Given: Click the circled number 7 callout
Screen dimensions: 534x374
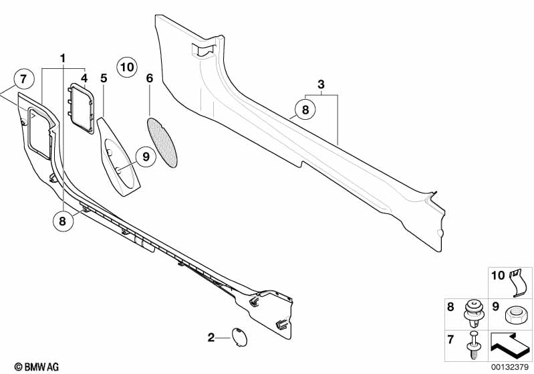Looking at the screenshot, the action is pyautogui.click(x=24, y=80).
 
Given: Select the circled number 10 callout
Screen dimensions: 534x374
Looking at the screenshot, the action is pyautogui.click(x=127, y=67).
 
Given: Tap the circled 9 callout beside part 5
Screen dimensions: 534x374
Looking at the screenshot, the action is pyautogui.click(x=146, y=157).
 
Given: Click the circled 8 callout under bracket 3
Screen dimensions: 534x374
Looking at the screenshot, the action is pyautogui.click(x=305, y=110).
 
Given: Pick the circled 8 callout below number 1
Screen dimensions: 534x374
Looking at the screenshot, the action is pyautogui.click(x=62, y=221).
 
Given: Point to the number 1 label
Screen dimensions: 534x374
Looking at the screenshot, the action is pyautogui.click(x=62, y=59).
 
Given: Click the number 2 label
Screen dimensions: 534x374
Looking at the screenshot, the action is pyautogui.click(x=211, y=337).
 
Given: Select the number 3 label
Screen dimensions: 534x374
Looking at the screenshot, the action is pyautogui.click(x=321, y=84).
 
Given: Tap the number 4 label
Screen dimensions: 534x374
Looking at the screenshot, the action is pyautogui.click(x=84, y=78).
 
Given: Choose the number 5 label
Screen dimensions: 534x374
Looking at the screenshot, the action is pyautogui.click(x=104, y=78).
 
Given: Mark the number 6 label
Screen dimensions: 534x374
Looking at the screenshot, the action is pyautogui.click(x=150, y=78).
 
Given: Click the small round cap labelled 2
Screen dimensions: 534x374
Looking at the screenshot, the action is pyautogui.click(x=239, y=337).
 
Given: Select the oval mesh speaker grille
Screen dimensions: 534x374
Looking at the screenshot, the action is pyautogui.click(x=162, y=143).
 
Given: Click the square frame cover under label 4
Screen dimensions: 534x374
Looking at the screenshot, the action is pyautogui.click(x=81, y=108).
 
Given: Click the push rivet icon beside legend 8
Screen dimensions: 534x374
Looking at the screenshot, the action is pyautogui.click(x=473, y=314).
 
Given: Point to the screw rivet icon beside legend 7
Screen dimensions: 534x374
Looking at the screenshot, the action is pyautogui.click(x=473, y=345).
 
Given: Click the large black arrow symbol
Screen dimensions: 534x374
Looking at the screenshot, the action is pyautogui.click(x=510, y=345).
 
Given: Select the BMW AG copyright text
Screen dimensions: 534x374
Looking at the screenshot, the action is pyautogui.click(x=37, y=367).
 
